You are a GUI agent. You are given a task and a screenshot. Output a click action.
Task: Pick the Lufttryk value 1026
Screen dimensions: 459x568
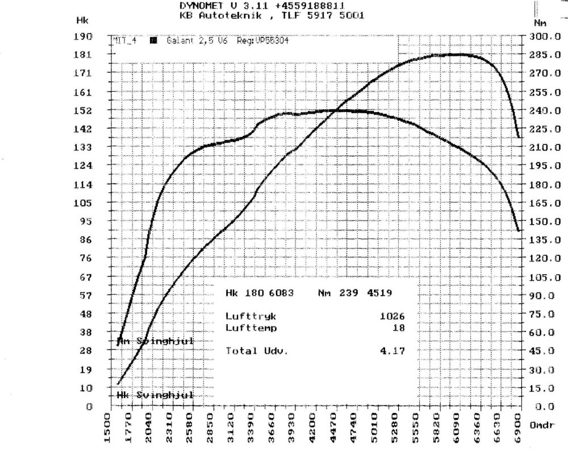[392, 315]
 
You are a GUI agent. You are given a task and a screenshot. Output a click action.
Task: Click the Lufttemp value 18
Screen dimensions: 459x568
[399, 328]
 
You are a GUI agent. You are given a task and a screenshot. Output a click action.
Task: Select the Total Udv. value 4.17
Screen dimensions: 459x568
[392, 351]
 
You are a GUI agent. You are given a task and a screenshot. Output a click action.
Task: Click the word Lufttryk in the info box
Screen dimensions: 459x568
[250, 315]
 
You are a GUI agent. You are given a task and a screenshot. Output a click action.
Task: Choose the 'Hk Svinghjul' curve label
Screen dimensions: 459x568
[155, 395]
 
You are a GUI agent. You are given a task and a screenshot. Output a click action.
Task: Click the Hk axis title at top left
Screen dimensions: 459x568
[82, 20]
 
